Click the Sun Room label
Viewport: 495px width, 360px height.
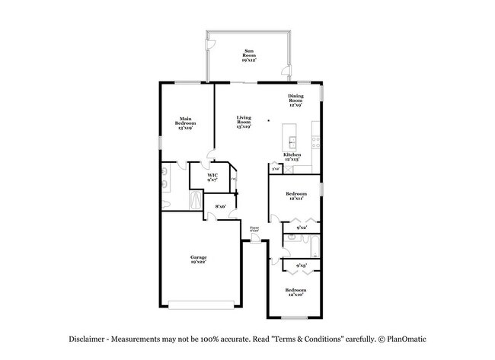(249, 55)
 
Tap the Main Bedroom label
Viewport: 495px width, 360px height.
(185, 123)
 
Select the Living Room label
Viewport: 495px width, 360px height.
(244, 123)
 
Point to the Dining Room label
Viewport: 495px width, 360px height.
(295, 100)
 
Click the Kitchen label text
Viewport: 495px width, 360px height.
(292, 155)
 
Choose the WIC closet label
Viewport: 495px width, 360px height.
(212, 177)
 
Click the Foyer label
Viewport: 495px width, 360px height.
(254, 228)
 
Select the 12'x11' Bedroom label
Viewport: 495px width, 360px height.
(295, 196)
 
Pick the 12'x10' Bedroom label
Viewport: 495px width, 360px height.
(295, 292)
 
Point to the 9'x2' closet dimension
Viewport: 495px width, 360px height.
(301, 228)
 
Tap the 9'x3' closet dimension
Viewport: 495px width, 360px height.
(301, 266)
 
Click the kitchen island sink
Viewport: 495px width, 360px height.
(292, 139)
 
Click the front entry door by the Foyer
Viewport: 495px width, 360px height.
(255, 240)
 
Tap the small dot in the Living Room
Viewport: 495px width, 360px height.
(268, 120)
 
